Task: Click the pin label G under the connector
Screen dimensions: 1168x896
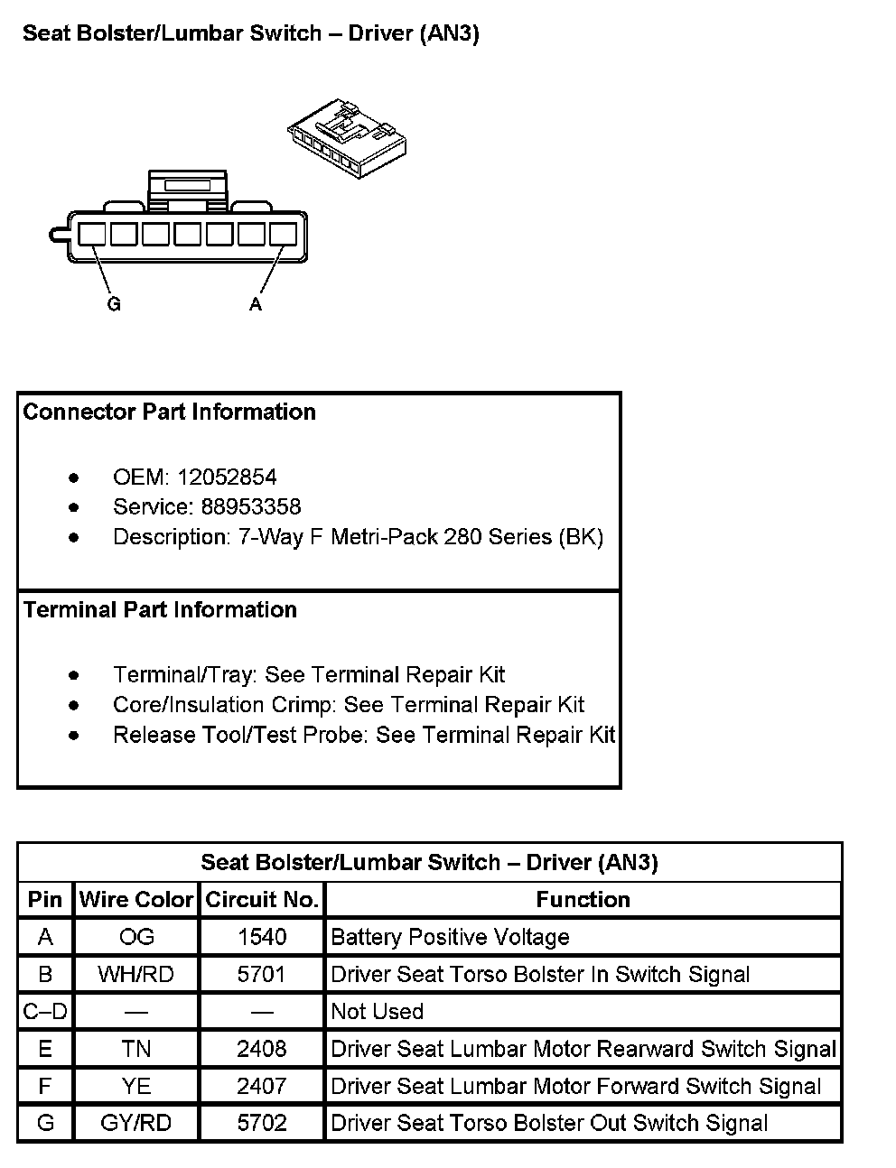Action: click(x=114, y=305)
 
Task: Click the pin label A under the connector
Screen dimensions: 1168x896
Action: click(x=256, y=305)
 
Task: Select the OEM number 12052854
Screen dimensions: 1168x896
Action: click(x=227, y=477)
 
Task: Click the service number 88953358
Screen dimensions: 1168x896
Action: click(x=251, y=507)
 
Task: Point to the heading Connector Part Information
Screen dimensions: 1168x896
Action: click(x=170, y=413)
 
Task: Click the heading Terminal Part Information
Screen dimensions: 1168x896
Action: click(x=160, y=610)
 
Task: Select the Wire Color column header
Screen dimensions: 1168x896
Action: click(x=136, y=900)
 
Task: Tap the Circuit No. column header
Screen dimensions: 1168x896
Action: click(x=262, y=900)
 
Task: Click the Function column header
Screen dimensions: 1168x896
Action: click(x=583, y=900)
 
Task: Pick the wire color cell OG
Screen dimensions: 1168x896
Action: click(x=136, y=937)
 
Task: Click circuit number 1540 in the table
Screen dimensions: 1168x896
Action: click(x=262, y=937)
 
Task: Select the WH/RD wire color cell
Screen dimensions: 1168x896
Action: click(x=136, y=975)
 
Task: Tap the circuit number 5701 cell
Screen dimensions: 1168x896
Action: click(x=262, y=975)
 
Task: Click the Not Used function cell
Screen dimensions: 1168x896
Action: click(x=378, y=1012)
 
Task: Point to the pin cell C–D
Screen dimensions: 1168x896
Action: click(x=45, y=1012)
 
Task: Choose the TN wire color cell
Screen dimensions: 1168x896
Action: click(x=136, y=1049)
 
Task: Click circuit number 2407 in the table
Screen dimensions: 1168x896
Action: click(x=262, y=1087)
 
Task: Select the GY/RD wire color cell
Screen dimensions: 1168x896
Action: click(x=136, y=1124)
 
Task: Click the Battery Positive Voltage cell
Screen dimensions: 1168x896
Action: click(x=450, y=937)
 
